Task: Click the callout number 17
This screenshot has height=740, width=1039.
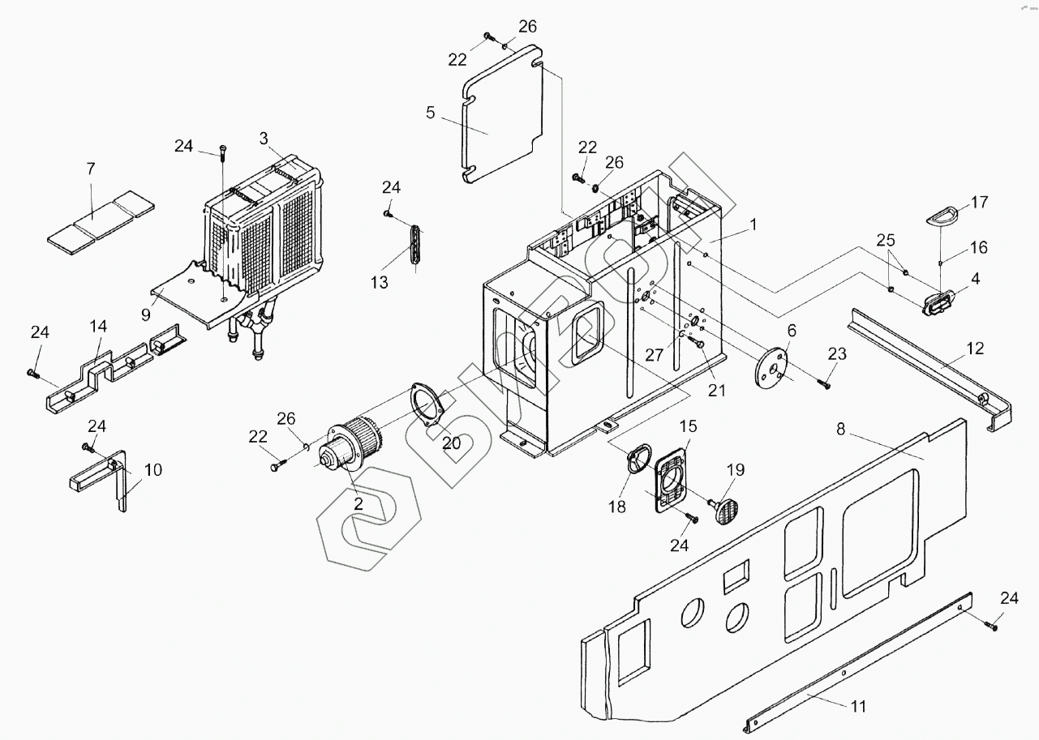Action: pyautogui.click(x=979, y=202)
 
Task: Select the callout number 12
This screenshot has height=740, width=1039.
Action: pyautogui.click(x=975, y=349)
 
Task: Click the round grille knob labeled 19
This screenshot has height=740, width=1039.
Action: pyautogui.click(x=728, y=511)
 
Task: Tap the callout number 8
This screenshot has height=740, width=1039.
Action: pyautogui.click(x=841, y=430)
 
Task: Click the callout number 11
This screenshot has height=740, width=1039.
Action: pyautogui.click(x=858, y=706)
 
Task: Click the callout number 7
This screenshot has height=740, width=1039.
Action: pyautogui.click(x=91, y=169)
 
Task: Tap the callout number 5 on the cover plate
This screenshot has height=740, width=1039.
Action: pyautogui.click(x=430, y=113)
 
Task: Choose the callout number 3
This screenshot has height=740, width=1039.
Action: pyautogui.click(x=264, y=138)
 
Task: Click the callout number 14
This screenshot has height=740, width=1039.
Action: pyautogui.click(x=98, y=327)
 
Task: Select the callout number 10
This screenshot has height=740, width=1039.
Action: pyautogui.click(x=153, y=469)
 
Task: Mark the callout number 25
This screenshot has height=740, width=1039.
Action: pyautogui.click(x=886, y=242)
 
